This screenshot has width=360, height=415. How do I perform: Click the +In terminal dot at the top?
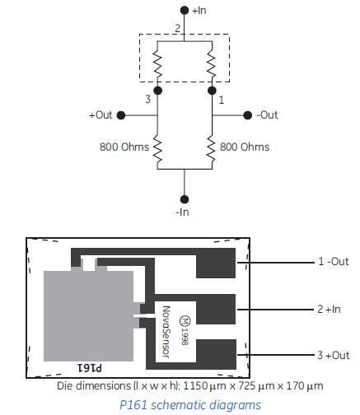coord(185,11)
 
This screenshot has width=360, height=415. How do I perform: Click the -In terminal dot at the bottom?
coord(185,199)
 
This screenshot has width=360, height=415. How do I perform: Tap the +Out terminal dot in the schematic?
coord(121,115)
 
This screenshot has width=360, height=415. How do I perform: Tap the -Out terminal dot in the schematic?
coord(248,115)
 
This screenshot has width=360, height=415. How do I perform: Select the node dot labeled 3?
coord(157,91)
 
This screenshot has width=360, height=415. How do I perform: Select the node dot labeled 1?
coord(212,91)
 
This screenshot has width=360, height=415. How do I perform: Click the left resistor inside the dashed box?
coord(157,63)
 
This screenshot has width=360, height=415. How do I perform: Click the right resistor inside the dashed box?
coord(212,63)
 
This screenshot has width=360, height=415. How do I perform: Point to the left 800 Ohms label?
coord(124,147)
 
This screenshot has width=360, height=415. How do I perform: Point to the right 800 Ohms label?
coord(245,147)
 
